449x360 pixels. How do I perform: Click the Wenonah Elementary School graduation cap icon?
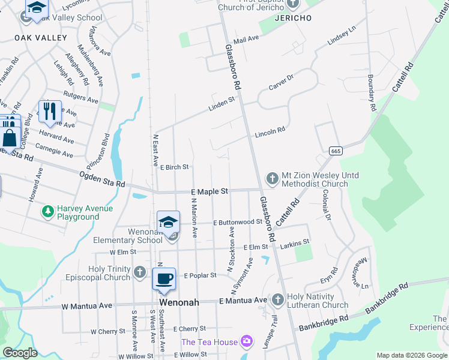(168, 221)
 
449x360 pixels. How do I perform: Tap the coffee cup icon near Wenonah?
(164, 278)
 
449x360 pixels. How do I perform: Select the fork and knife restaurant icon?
(49, 111)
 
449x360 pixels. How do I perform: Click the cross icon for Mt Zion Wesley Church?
(272, 178)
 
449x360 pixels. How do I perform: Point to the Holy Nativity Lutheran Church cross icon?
(277, 299)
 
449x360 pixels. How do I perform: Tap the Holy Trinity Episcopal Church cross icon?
(139, 272)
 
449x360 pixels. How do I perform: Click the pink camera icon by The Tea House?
(246, 342)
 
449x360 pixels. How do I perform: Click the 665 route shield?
(335, 150)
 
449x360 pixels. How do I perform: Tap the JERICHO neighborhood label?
(293, 19)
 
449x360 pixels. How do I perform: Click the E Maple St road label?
(209, 191)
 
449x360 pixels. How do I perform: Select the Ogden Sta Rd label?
(102, 179)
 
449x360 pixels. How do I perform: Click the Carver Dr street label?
(281, 83)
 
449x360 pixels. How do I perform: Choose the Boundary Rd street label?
(371, 92)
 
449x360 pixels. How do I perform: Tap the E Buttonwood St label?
(237, 221)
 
